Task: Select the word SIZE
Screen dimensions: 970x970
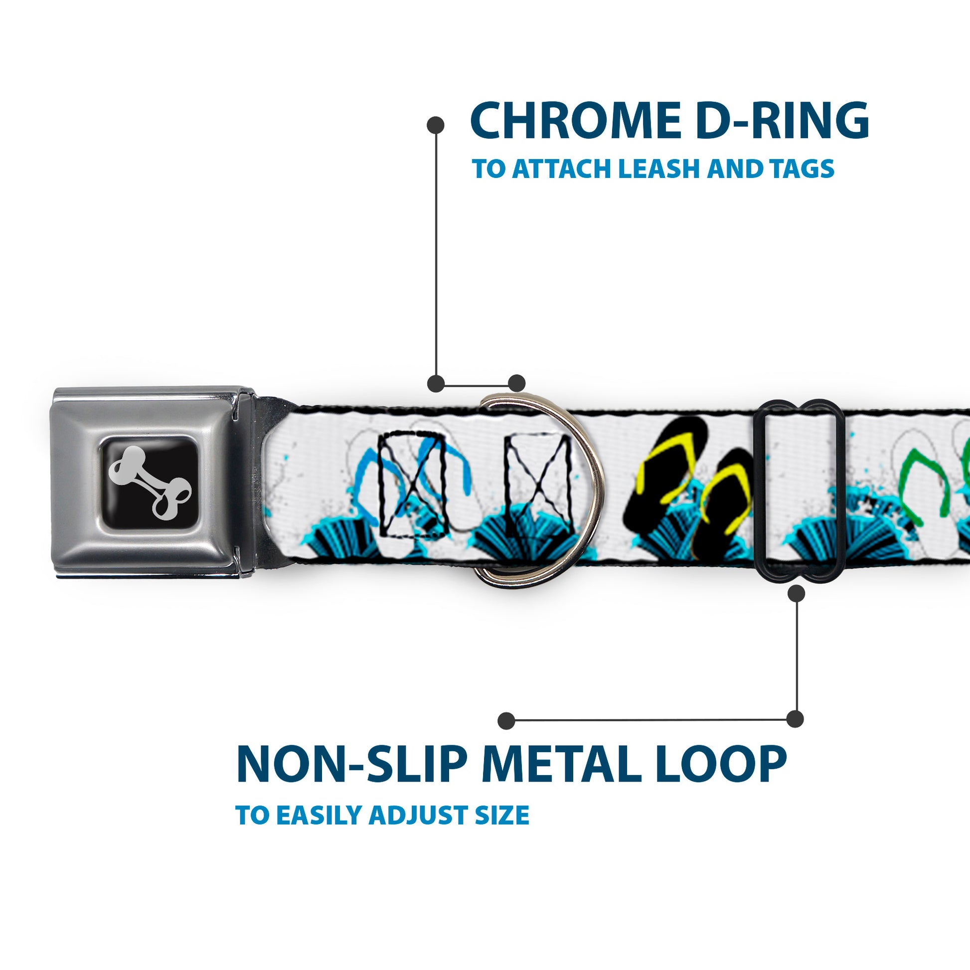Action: point(502,814)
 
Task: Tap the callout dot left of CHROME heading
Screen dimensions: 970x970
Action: point(435,125)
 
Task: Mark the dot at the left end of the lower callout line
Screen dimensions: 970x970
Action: point(506,720)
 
